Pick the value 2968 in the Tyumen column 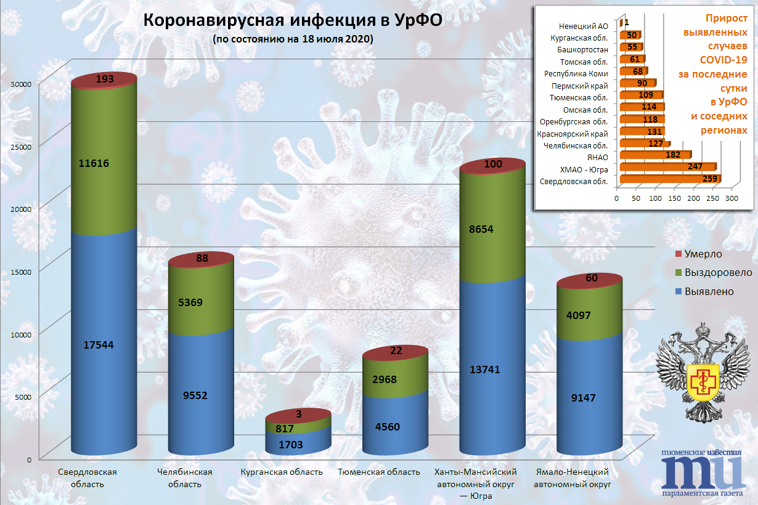click(x=393, y=379)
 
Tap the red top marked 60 click(x=592, y=278)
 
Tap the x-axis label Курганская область click(x=281, y=472)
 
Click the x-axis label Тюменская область click(x=379, y=472)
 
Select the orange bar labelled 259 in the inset click(x=669, y=179)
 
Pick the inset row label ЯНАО click(x=598, y=158)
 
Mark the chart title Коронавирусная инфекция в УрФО click(x=293, y=20)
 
